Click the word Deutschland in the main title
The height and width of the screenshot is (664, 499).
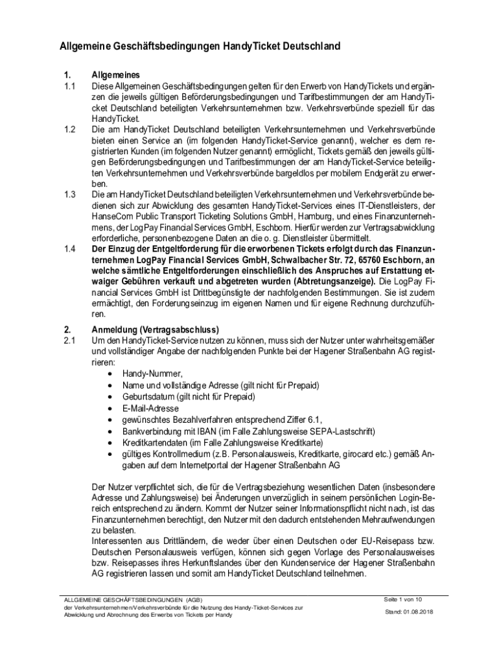coord(306,46)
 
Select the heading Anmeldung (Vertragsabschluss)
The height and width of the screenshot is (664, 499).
coord(156,329)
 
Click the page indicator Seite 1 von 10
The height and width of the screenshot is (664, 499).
coord(403,599)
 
